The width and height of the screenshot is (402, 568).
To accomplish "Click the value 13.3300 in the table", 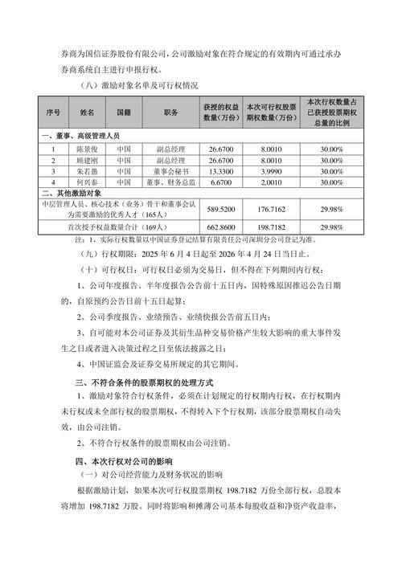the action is tap(220, 171).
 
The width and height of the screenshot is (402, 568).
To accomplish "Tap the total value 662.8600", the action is tap(220, 227).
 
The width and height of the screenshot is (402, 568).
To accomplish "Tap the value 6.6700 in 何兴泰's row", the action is tap(220, 182).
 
